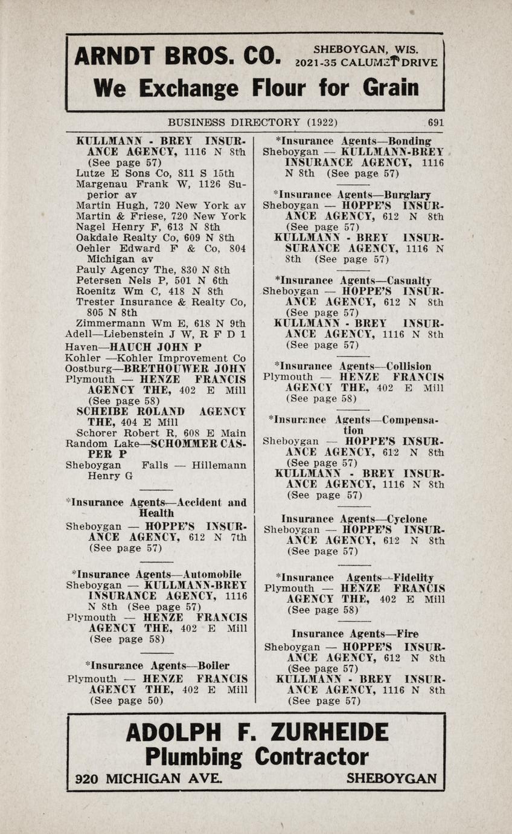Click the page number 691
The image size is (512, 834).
pyautogui.click(x=435, y=122)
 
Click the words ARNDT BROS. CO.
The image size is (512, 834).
pyautogui.click(x=177, y=57)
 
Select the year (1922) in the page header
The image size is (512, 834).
pyautogui.click(x=322, y=122)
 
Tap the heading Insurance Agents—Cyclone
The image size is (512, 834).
pyautogui.click(x=354, y=519)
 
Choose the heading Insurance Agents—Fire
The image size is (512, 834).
pyautogui.click(x=354, y=634)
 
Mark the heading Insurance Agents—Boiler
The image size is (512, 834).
pyautogui.click(x=158, y=666)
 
